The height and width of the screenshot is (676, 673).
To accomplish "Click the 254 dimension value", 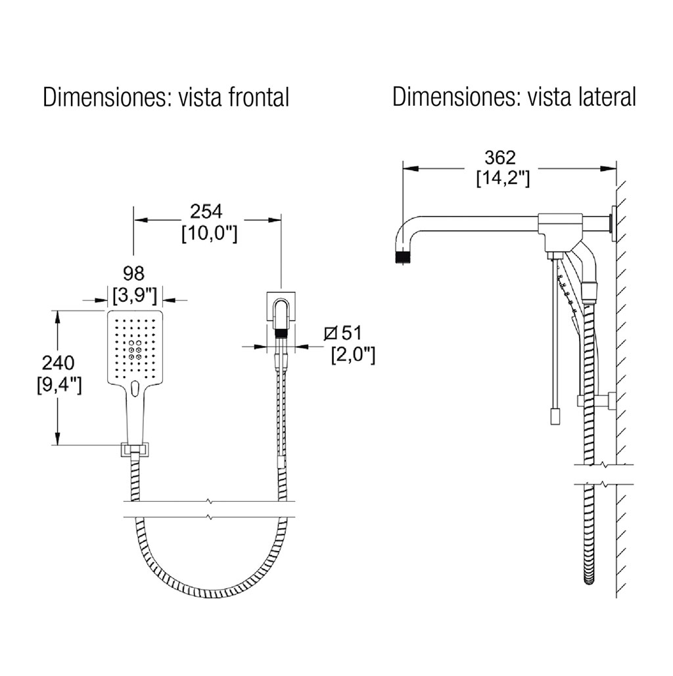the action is (x=206, y=212).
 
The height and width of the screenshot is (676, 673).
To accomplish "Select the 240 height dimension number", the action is (x=58, y=363).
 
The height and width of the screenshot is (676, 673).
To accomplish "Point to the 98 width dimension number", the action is (x=133, y=274).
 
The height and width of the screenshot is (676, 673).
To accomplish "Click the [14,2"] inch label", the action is (x=503, y=178).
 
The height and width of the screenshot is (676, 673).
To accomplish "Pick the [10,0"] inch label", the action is (x=210, y=233).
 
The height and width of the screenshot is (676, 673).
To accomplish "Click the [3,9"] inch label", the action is (x=135, y=295).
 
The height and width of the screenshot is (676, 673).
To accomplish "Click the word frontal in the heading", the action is (x=258, y=97).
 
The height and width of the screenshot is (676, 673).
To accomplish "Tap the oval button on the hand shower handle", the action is (x=134, y=388).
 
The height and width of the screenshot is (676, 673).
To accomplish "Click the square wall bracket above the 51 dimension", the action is (x=281, y=306).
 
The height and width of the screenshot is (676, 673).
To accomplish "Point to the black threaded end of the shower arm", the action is (x=404, y=257).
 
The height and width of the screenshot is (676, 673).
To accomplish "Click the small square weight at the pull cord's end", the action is (x=555, y=417).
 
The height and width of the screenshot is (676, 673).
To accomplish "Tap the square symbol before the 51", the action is (x=331, y=333).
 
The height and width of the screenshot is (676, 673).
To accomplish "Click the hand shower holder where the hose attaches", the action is (x=135, y=450).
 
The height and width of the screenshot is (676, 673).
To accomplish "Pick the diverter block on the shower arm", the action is (x=558, y=232).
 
